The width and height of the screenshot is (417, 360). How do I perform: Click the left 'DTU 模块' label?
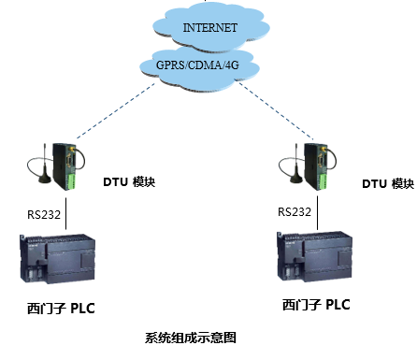coord(126,181)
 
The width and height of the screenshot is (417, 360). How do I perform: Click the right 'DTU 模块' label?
coord(387,184)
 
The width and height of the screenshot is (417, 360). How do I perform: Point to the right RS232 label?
coord(295,211)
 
